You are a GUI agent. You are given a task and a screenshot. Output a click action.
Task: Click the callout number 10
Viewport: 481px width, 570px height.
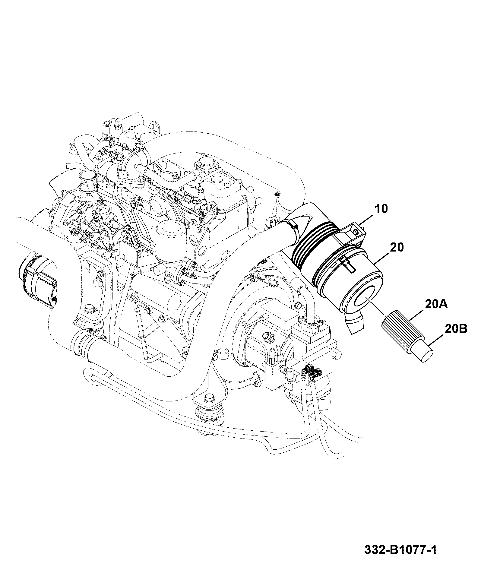pyautogui.click(x=381, y=209)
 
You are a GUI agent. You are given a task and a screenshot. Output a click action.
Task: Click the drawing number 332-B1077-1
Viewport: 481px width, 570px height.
pyautogui.click(x=400, y=550)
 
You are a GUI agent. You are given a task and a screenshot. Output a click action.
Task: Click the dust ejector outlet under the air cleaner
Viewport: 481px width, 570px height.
pyautogui.click(x=356, y=323)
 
